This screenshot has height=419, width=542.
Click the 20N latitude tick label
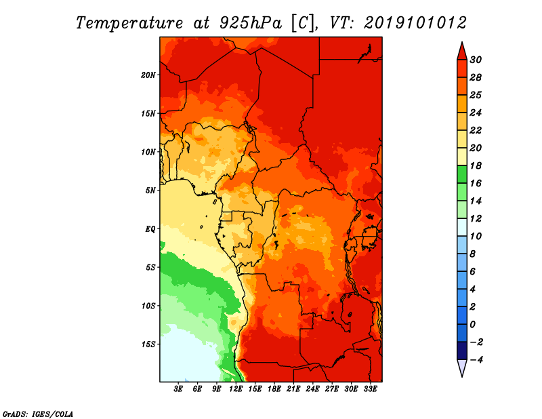pyautogui.click(x=148, y=75)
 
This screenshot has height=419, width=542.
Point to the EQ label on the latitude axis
pyautogui.click(x=150, y=229)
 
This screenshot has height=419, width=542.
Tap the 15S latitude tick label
pyautogui.click(x=148, y=344)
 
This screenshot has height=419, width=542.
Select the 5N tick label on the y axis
pyautogui.click(x=150, y=191)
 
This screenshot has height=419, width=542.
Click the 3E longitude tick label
pyautogui.click(x=178, y=389)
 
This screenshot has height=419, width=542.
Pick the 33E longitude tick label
pyautogui.click(x=370, y=389)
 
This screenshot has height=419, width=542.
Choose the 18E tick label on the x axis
pyautogui.click(x=274, y=389)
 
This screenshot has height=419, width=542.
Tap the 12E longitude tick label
pyautogui.click(x=236, y=389)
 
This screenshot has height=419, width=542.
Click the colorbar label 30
pyautogui.click(x=476, y=60)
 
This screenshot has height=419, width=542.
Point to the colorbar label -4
pyautogui.click(x=476, y=360)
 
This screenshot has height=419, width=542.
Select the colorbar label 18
pyautogui.click(x=476, y=165)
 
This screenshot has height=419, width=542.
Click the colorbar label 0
pyautogui.click(x=472, y=325)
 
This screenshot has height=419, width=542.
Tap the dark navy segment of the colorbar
pyautogui.click(x=462, y=351)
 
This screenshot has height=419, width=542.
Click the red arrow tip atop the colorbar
pyautogui.click(x=462, y=43)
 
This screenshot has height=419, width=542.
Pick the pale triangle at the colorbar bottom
pyautogui.click(x=462, y=368)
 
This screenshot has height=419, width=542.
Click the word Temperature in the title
pyautogui.click(x=129, y=23)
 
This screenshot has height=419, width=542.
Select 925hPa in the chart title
pyautogui.click(x=251, y=23)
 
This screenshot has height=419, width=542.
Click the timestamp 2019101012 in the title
pyautogui.click(x=415, y=23)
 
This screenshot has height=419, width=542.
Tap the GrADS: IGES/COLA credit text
pyautogui.click(x=38, y=414)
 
